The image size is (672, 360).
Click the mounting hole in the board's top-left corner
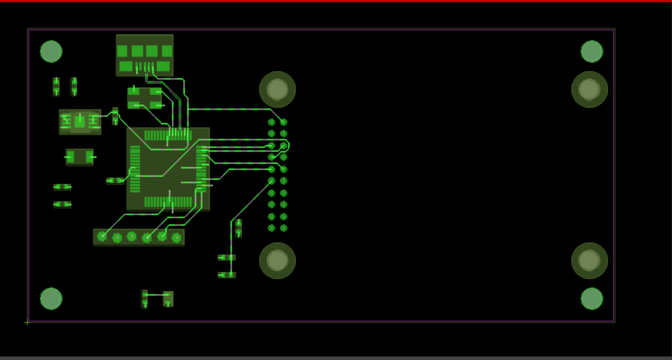[x=51, y=52]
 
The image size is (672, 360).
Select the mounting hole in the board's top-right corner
[x=591, y=52]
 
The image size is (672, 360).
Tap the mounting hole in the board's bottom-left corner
[x=51, y=299]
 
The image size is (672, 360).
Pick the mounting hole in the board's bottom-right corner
[x=591, y=299]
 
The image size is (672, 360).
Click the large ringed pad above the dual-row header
[x=277, y=90]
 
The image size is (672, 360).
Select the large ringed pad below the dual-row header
[x=277, y=261]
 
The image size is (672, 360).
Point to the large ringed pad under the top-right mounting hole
[x=589, y=90]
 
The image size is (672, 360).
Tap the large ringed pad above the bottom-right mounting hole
[x=589, y=261]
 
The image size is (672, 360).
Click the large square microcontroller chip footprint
[x=168, y=169]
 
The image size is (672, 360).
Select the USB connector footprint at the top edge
[x=144, y=56]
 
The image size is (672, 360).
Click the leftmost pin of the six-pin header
[x=102, y=237]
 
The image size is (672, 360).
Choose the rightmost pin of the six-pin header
[x=176, y=238]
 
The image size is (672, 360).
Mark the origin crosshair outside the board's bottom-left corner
[x=27, y=322]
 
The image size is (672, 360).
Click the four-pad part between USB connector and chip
[x=144, y=98]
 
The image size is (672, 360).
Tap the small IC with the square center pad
[x=80, y=122]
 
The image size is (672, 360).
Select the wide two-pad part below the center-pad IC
[x=80, y=157]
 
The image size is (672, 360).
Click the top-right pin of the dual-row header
[x=283, y=122]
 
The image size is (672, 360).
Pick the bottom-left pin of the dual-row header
[x=271, y=228]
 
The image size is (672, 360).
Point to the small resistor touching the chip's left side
[x=115, y=181]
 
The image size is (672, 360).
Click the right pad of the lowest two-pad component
[x=168, y=299]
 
